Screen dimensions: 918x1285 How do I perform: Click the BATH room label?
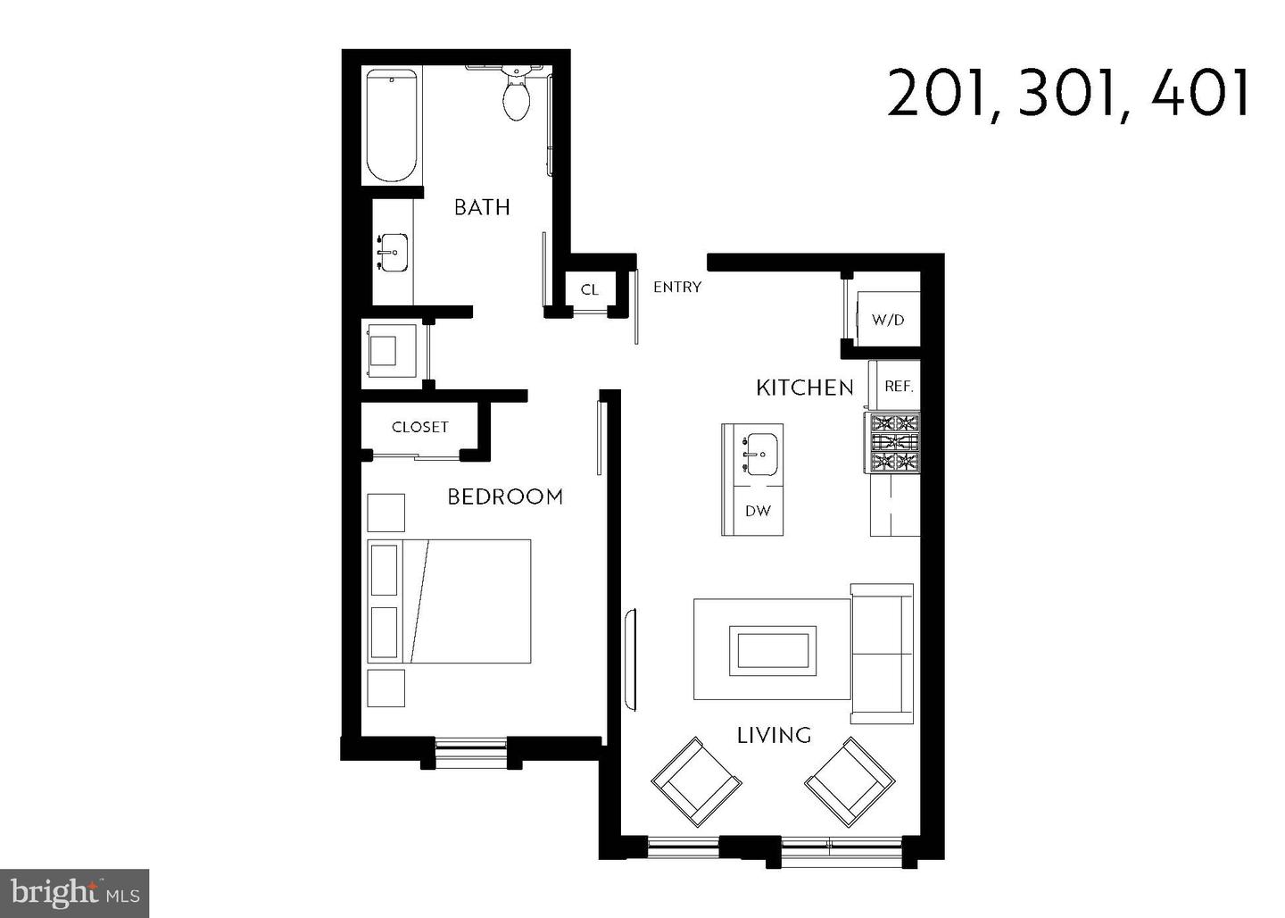click(482, 207)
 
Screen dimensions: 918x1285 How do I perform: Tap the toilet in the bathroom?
click(516, 96)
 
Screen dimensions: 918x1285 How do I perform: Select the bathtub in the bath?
click(391, 126)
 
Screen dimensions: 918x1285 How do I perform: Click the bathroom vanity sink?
click(391, 253)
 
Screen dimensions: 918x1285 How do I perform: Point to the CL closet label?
click(589, 289)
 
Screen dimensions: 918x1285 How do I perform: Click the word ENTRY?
click(677, 287)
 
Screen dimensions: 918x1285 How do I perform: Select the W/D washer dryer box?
click(887, 319)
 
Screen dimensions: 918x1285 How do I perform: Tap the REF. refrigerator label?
click(899, 387)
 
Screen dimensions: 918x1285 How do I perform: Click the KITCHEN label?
click(805, 388)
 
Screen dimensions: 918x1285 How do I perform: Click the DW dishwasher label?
click(757, 512)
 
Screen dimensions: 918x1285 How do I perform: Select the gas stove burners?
click(895, 442)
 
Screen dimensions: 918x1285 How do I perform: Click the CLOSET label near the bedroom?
click(419, 428)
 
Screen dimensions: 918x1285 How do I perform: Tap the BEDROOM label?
click(505, 497)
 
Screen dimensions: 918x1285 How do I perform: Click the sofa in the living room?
click(882, 654)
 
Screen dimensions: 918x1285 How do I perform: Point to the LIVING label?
click(774, 735)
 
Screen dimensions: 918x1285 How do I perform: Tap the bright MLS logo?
click(74, 893)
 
